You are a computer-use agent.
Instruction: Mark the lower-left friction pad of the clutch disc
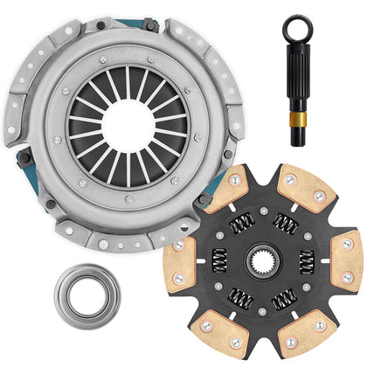218,331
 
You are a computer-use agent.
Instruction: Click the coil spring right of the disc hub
308,260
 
